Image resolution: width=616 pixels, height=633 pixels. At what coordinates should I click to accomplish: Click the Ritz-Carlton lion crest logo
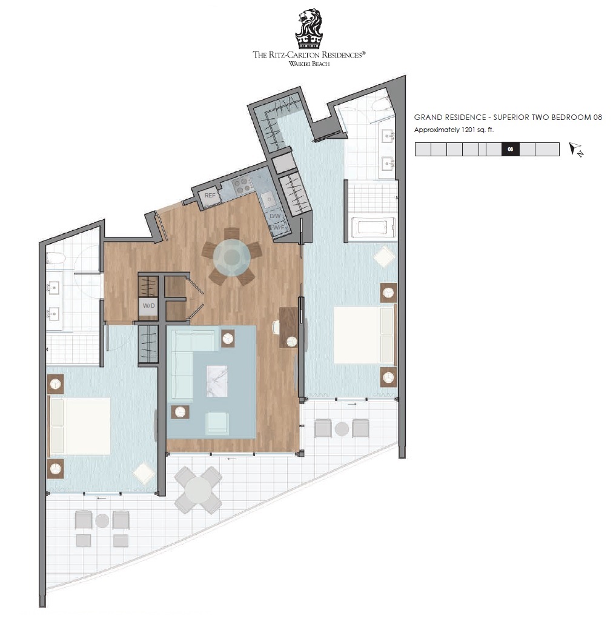[x=309, y=28]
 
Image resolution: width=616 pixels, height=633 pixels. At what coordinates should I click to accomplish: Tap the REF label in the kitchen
[x=210, y=196]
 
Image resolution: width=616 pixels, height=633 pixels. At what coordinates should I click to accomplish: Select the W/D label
[x=148, y=306]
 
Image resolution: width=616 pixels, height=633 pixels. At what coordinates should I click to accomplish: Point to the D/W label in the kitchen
[x=275, y=216]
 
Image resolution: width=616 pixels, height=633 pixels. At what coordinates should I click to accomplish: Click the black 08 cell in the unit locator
[x=510, y=150]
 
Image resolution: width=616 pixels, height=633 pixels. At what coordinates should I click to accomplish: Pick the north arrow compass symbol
[x=576, y=150]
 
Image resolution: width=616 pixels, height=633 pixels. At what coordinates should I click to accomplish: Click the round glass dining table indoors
[x=232, y=257]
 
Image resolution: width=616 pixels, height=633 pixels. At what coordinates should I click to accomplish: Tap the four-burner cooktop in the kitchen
[x=242, y=186]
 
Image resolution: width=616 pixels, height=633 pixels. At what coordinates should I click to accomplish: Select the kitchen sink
[x=268, y=199]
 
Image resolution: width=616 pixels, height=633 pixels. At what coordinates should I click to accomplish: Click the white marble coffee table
[x=217, y=381]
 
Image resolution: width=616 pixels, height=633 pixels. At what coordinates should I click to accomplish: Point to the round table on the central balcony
[x=198, y=490]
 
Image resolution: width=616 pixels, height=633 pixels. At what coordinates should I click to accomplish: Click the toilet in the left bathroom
[x=56, y=257]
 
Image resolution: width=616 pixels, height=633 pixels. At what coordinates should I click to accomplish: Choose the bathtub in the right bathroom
[x=373, y=227]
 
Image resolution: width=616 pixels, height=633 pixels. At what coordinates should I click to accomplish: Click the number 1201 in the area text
[x=468, y=130]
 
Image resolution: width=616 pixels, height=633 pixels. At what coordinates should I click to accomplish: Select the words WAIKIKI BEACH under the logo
[x=309, y=64]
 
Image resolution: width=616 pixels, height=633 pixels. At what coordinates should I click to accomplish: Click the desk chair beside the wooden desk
[x=276, y=327]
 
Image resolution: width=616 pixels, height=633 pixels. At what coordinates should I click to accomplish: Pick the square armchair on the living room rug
[x=217, y=423]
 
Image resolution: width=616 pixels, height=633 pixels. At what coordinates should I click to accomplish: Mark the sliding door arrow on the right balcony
[x=352, y=404]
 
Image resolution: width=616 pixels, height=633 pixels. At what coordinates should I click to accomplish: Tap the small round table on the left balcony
[x=102, y=521]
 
